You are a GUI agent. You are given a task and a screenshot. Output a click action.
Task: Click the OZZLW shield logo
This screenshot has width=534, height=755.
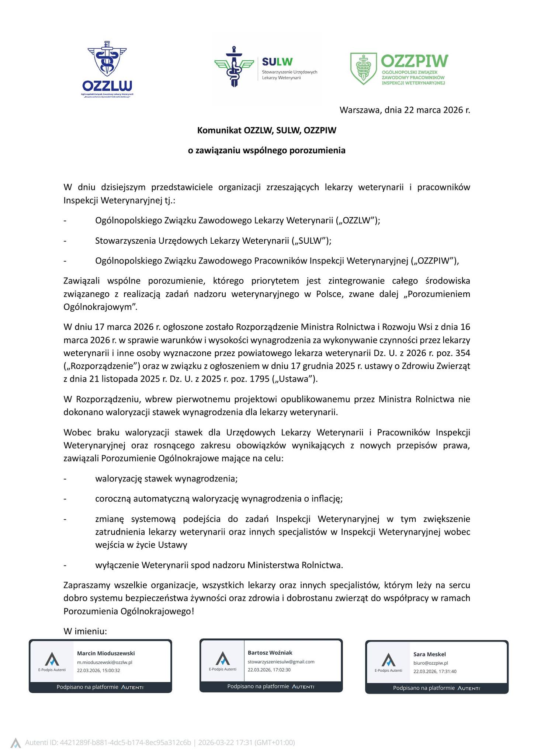[107, 61]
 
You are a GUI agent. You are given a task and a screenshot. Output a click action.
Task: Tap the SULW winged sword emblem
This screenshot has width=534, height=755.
[234, 66]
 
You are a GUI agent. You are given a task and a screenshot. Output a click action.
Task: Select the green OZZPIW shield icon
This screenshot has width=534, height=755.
[363, 69]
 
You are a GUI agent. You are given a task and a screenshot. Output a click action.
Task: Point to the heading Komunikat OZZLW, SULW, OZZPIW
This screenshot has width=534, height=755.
[267, 131]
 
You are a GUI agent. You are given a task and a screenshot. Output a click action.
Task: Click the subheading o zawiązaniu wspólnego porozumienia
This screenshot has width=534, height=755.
[267, 150]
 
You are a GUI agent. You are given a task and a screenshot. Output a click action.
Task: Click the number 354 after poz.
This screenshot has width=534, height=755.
[463, 353]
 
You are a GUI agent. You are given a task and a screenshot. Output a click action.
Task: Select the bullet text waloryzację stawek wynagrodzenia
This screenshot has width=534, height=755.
[166, 479]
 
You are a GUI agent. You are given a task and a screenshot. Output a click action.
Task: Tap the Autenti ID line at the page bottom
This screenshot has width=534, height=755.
[159, 742]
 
